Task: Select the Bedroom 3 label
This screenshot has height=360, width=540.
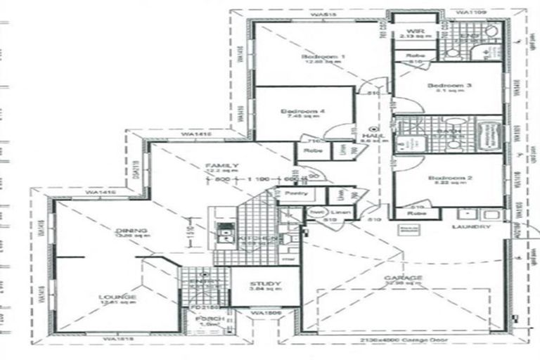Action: [449, 86]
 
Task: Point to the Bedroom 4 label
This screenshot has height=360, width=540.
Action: [302, 112]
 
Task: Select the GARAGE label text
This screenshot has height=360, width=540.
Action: [403, 278]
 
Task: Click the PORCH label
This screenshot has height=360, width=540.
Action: [210, 319]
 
